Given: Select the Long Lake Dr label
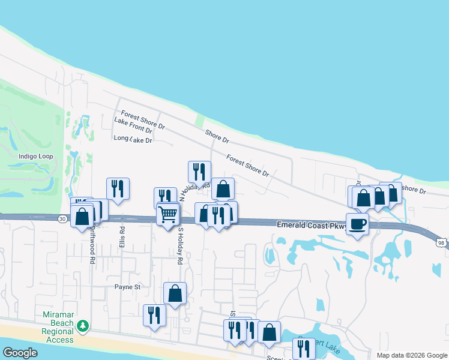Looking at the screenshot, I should (x=133, y=139).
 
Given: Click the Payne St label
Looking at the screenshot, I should (x=127, y=287).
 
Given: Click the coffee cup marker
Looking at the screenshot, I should (x=357, y=224).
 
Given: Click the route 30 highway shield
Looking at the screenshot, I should (x=62, y=220).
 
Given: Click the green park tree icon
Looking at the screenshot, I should (x=83, y=326).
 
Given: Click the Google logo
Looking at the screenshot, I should (x=20, y=353).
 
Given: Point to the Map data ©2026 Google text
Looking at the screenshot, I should (x=411, y=355).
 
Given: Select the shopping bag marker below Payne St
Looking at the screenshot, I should (x=175, y=293).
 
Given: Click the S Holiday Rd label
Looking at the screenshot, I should (x=179, y=246).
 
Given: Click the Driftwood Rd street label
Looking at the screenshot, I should (x=93, y=245).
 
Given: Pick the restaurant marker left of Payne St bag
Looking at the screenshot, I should (x=154, y=314).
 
